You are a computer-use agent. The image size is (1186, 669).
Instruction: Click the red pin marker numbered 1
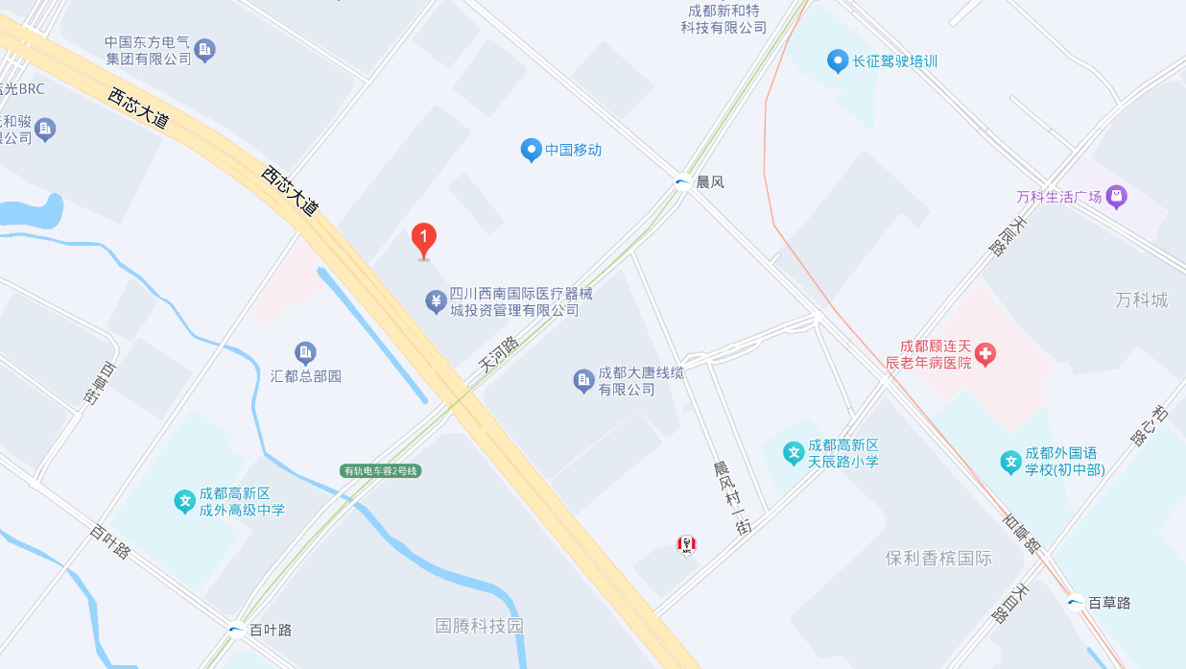pyautogui.click(x=424, y=239)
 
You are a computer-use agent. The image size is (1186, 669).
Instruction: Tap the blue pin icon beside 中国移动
pyautogui.click(x=531, y=150)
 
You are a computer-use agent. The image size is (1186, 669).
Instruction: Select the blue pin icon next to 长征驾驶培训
pyautogui.click(x=838, y=61)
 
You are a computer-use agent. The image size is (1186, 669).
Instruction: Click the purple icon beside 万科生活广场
pyautogui.click(x=1115, y=197)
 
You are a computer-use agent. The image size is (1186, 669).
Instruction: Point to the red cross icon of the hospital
pyautogui.click(x=985, y=355)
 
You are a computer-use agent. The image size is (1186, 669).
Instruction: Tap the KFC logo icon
pyautogui.click(x=686, y=545)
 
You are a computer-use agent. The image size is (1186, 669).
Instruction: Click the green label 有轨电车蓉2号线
pyautogui.click(x=381, y=470)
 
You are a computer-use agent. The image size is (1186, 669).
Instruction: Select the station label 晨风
pyautogui.click(x=709, y=181)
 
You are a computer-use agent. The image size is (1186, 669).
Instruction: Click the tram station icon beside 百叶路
pyautogui.click(x=236, y=631)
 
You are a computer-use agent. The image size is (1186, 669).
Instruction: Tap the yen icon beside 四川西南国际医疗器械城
pyautogui.click(x=436, y=302)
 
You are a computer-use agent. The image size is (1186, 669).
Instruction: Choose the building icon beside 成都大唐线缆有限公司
pyautogui.click(x=583, y=381)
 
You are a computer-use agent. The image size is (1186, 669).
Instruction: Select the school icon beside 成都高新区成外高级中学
pyautogui.click(x=185, y=501)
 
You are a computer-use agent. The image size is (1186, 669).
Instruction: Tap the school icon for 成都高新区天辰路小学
pyautogui.click(x=793, y=453)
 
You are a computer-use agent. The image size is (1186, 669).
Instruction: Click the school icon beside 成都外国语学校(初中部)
pyautogui.click(x=1010, y=462)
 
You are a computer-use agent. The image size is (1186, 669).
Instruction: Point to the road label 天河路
pyautogui.click(x=498, y=355)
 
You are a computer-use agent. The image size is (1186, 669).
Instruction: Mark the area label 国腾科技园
pyautogui.click(x=480, y=626)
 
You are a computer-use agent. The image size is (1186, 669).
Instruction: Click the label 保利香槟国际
pyautogui.click(x=938, y=558)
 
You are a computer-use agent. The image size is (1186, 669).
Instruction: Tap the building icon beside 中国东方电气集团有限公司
pyautogui.click(x=204, y=50)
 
